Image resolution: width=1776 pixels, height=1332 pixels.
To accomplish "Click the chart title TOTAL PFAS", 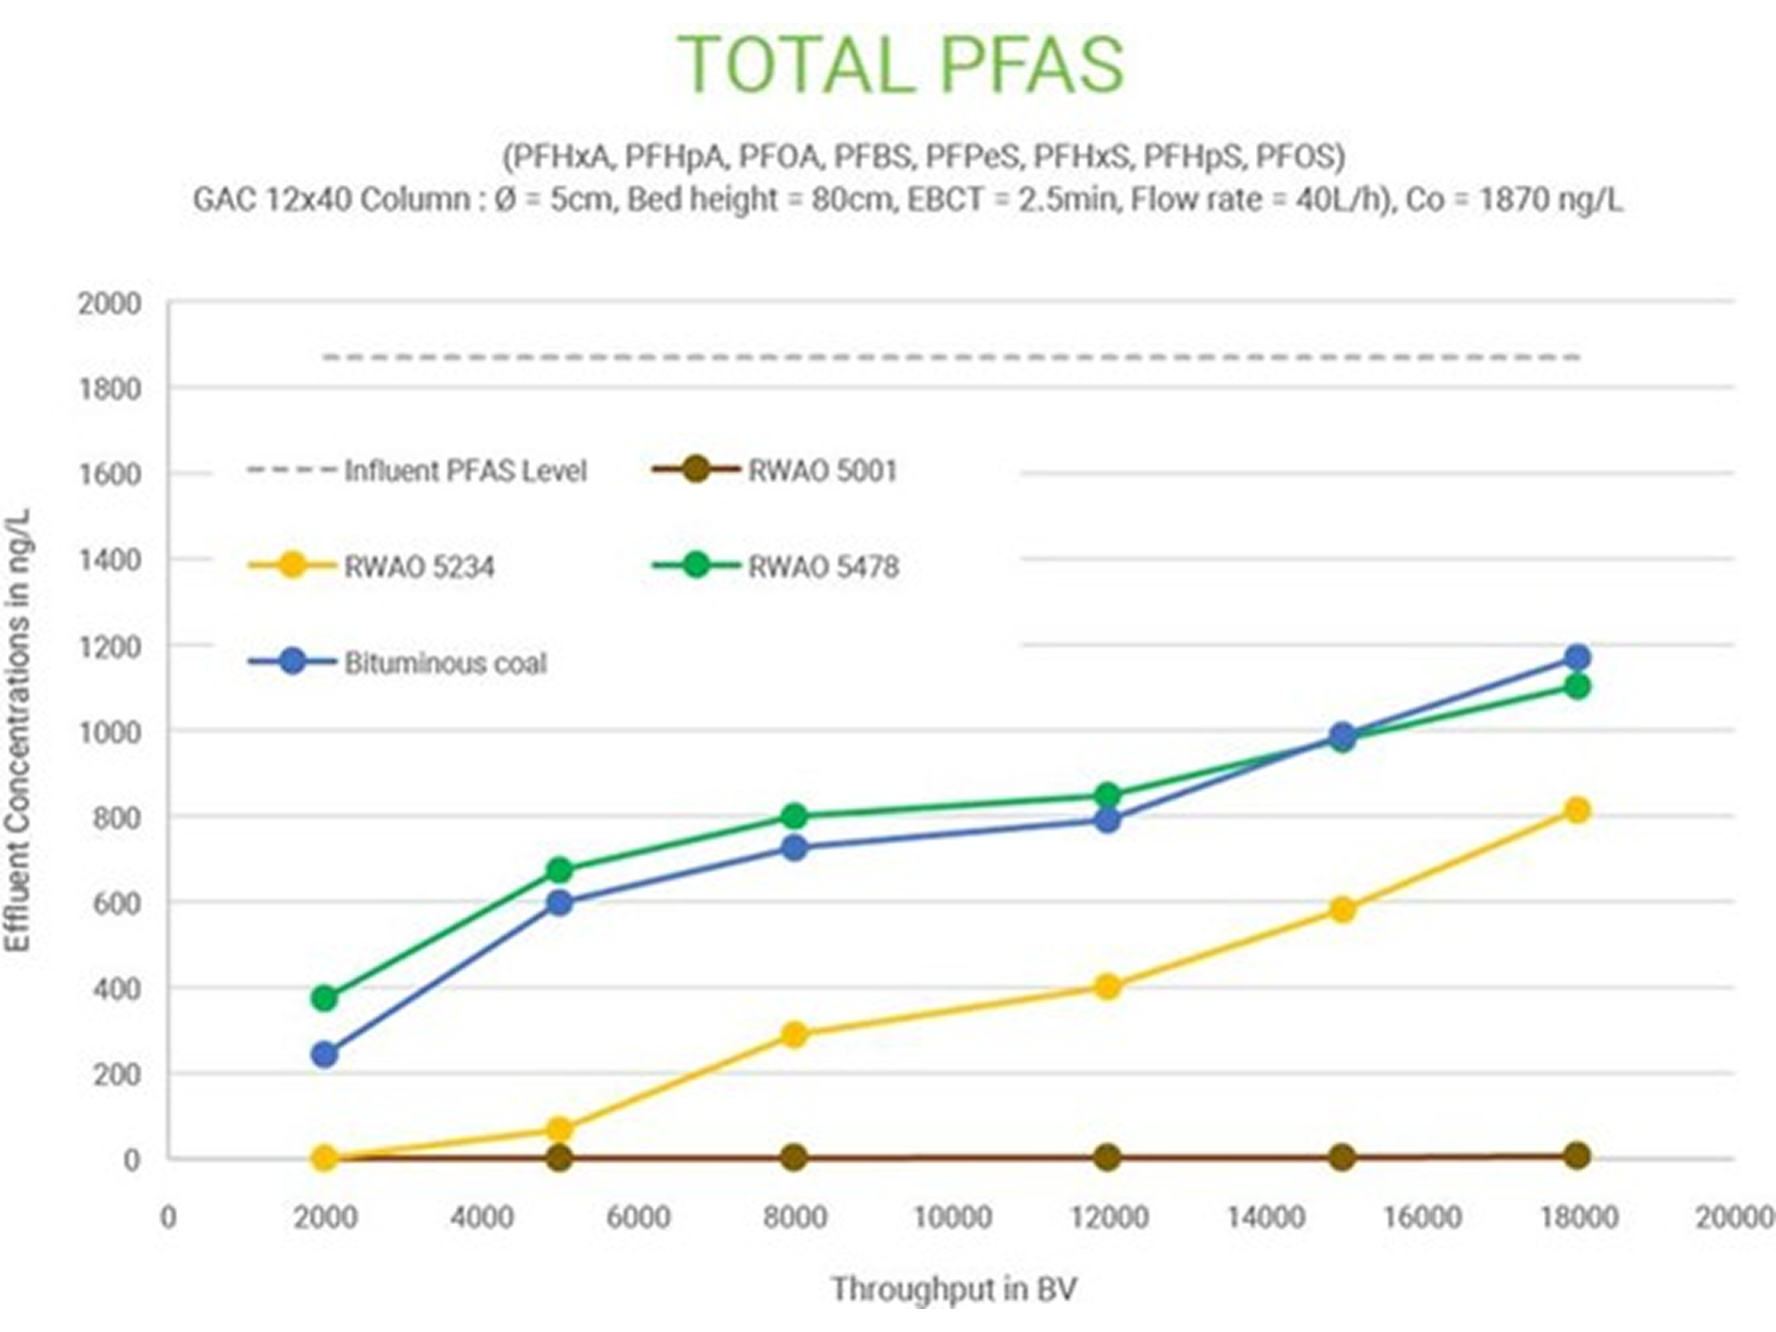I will tap(900, 65).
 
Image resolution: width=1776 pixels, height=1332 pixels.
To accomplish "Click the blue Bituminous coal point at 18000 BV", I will tap(1577, 658).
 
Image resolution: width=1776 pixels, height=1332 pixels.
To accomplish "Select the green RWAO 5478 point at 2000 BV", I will tap(324, 997).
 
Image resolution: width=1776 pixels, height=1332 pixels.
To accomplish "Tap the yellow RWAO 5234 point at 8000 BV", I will tap(794, 1034).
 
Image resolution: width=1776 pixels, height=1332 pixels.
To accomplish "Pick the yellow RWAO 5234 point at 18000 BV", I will tap(1577, 810).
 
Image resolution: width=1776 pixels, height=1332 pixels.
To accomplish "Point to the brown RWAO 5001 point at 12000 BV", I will tap(1106, 1157).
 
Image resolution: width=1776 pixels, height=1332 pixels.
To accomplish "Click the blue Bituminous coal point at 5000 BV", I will tap(560, 902).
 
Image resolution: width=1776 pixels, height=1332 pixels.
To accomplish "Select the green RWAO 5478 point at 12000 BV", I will tap(1106, 795).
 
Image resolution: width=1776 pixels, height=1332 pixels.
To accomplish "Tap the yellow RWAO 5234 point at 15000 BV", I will tap(1342, 909).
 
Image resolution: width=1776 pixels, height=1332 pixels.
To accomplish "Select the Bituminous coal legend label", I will tap(446, 664).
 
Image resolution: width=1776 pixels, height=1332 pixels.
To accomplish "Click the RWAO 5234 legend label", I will tap(419, 568).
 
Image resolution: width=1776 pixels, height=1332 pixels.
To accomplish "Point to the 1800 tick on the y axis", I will tap(110, 389).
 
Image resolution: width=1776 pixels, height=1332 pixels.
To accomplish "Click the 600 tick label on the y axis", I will tap(118, 903).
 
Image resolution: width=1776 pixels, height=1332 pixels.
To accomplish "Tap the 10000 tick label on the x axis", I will tap(952, 1217).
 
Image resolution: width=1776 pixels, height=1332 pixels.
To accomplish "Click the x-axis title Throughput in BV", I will tap(952, 1289).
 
